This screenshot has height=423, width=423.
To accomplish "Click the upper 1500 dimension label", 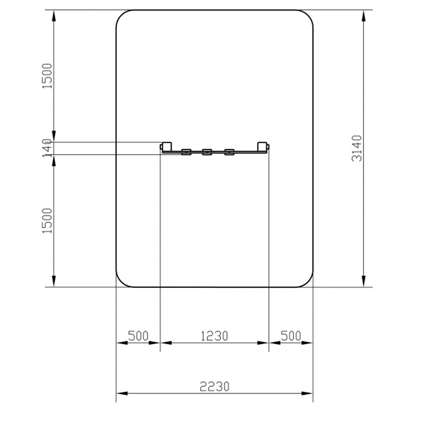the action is coord(47,76).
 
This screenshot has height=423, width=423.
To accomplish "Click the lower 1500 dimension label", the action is coord(47,220).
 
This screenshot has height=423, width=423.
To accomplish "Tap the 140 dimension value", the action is coord(47,148).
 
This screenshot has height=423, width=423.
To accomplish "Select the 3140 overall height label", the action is coord(356,149).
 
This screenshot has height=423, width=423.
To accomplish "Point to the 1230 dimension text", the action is coord(215,336).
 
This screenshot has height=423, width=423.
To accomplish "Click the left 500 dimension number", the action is coord(138,336).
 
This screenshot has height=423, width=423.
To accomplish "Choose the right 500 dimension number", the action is coord(291,336).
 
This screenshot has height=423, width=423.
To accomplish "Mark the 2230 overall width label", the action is coord(215,387).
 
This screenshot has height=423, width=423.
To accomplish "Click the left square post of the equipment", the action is coord(167,146).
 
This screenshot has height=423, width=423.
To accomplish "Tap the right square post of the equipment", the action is coord(262,146).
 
